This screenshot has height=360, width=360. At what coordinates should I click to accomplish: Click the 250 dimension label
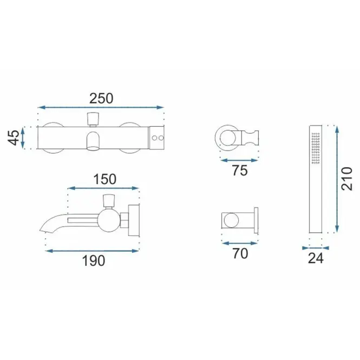tap(101, 99)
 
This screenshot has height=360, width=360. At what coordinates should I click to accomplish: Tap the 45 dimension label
tap(14, 138)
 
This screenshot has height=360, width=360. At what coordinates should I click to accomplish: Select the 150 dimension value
tap(104, 179)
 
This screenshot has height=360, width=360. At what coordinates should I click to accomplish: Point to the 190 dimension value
tap(94, 260)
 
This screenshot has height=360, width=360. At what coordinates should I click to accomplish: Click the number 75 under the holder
tap(240, 171)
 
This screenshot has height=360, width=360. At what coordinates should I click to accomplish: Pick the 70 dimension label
tap(240, 253)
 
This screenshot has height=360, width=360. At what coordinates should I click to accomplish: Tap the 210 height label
tap(346, 179)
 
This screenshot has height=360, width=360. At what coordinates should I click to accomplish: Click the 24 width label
tap(316, 258)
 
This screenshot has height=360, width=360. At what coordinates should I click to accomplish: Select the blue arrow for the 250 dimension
tap(101, 107)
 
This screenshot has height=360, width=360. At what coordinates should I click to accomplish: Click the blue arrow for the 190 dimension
tap(92, 251)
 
